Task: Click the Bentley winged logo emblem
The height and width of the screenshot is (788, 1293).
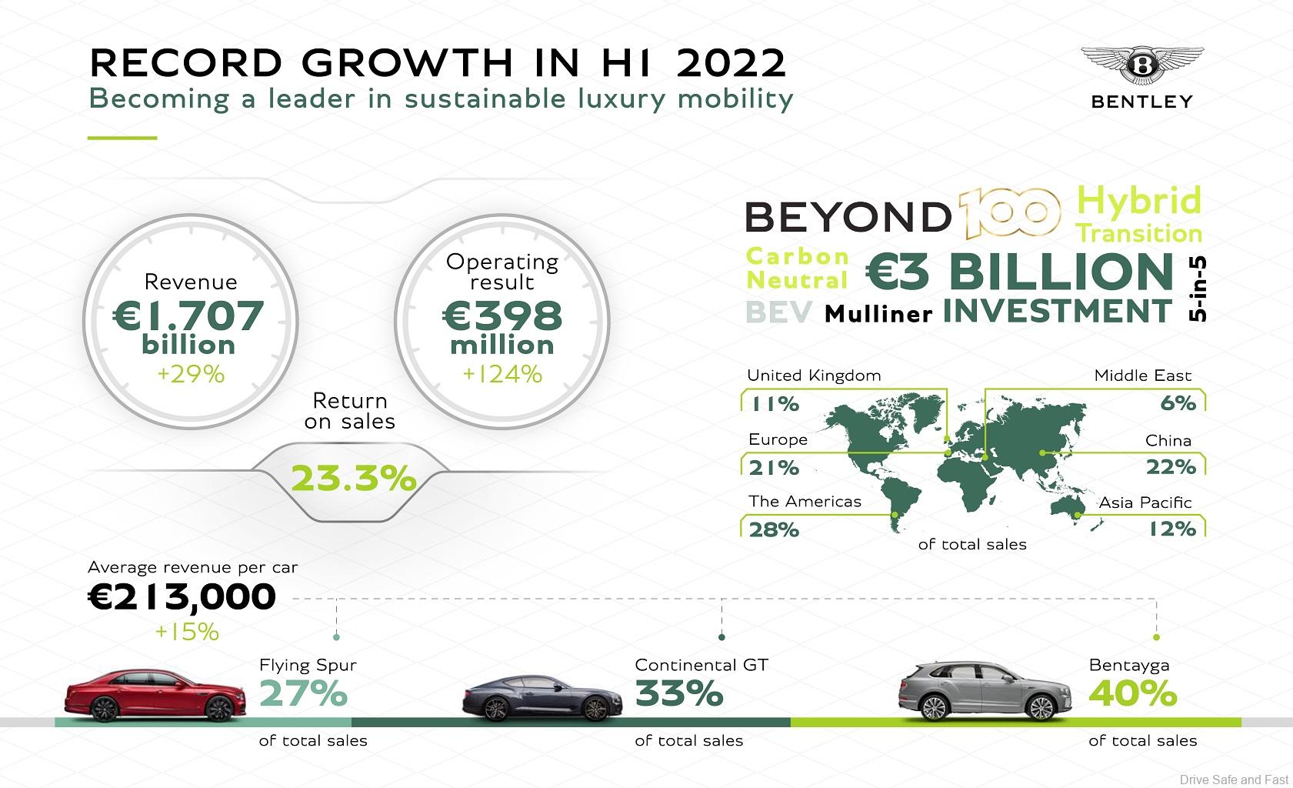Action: (1142, 65)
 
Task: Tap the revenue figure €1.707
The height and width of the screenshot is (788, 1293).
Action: (188, 316)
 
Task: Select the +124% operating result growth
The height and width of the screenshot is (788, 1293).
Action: (502, 374)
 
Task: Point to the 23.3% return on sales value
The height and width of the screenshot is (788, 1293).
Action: (354, 479)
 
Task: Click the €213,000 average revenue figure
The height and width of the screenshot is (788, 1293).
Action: (182, 597)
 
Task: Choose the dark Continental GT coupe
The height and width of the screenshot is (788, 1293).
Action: (542, 699)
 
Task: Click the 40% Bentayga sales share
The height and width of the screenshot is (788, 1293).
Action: (1132, 694)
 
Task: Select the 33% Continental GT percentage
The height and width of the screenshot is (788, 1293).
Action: (679, 694)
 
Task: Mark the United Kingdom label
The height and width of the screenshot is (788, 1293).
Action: (814, 376)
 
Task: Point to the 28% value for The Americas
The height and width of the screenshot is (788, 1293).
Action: (774, 529)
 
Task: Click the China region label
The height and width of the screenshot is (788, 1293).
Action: (1168, 441)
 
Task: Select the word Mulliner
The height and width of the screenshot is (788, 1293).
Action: (878, 314)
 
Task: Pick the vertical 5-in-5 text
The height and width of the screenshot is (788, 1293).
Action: (1196, 289)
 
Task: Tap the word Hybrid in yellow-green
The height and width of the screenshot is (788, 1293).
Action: (1138, 201)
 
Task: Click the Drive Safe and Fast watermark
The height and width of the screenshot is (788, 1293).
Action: (1234, 780)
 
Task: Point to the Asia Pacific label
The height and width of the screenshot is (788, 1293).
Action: (1145, 503)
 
